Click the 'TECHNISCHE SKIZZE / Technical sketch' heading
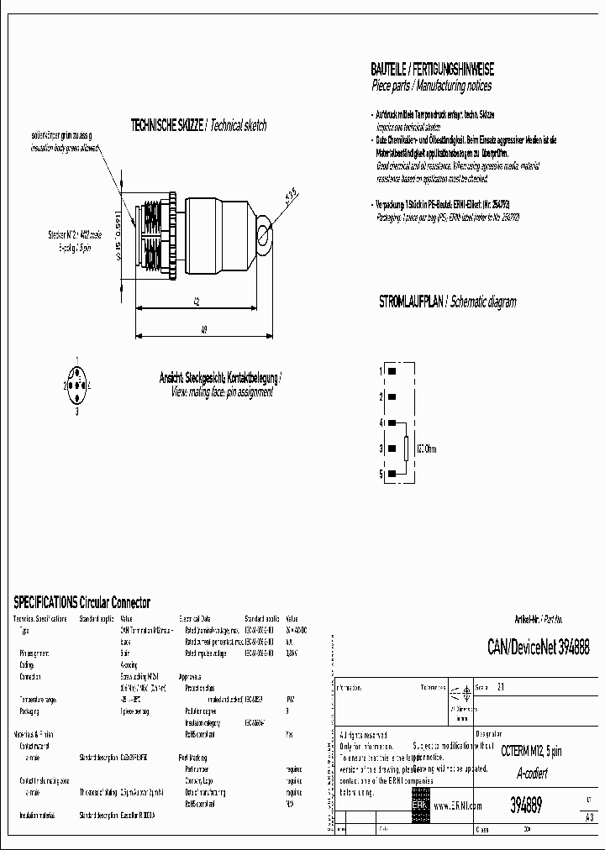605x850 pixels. tap(198, 125)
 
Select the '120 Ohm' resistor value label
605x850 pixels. tap(426, 449)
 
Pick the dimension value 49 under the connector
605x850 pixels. tap(204, 330)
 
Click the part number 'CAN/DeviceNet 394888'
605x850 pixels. tap(538, 648)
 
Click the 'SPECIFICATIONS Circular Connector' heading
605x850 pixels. tap(82, 602)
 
